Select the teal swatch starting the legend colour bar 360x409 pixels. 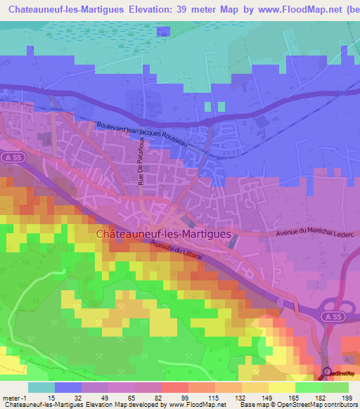[x=41, y=387]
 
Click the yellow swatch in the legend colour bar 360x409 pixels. [x=282, y=387]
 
